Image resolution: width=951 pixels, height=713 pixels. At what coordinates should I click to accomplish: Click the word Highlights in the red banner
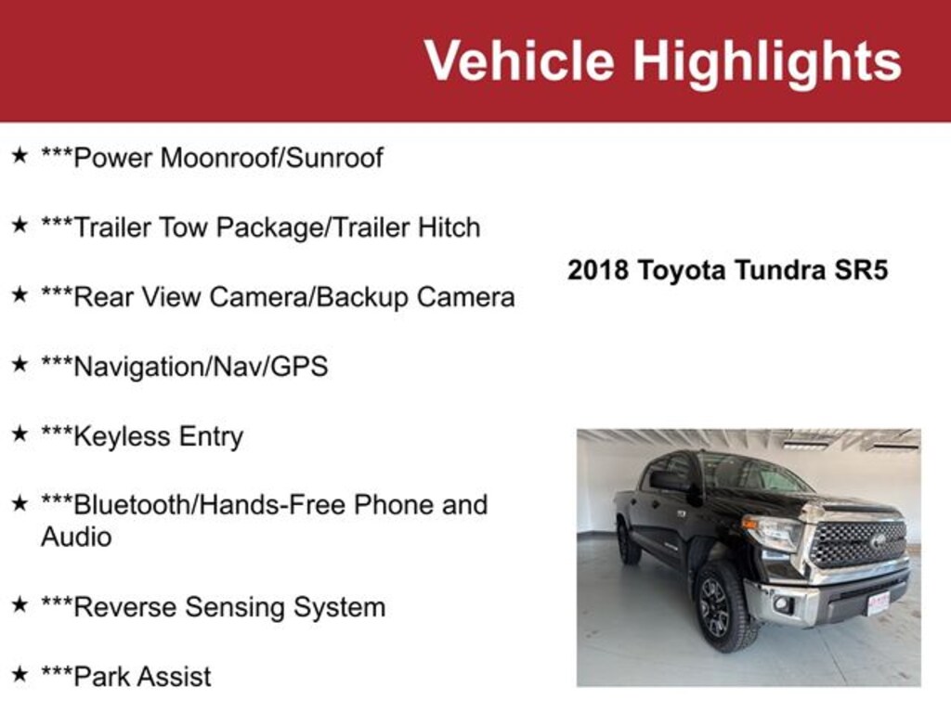(767, 61)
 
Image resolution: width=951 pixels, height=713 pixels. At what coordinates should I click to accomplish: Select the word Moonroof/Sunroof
(271, 158)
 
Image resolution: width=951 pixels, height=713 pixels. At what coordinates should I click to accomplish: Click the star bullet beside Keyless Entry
(20, 434)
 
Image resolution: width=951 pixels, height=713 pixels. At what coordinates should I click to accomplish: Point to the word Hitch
(449, 227)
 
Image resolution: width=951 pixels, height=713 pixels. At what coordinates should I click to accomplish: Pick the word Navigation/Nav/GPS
(201, 367)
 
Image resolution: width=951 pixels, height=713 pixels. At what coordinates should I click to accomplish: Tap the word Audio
(76, 538)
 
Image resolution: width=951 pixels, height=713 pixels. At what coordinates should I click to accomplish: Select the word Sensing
(235, 607)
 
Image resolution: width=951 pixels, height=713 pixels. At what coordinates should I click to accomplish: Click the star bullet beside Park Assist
(20, 674)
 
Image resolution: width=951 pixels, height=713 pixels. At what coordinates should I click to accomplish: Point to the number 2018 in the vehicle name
(597, 270)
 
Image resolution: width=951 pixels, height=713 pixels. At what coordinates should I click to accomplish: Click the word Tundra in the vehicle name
(780, 270)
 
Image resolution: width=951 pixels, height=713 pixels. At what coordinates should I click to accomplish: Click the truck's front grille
(859, 542)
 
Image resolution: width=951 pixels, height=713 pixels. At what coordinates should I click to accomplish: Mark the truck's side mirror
(669, 481)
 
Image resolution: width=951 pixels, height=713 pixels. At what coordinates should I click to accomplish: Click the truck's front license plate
(879, 603)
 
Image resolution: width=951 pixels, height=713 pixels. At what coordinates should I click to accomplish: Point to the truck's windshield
(752, 472)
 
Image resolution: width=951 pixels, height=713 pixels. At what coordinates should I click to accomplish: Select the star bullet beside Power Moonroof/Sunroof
(20, 155)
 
